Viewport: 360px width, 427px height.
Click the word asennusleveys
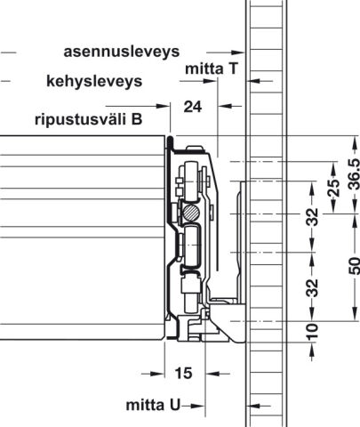click(122, 52)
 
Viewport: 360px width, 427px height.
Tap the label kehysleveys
click(94, 81)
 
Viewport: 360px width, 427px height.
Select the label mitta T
click(212, 68)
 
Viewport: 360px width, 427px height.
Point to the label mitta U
click(153, 405)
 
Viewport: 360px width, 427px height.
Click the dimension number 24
click(193, 107)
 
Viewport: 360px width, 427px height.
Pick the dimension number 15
click(184, 374)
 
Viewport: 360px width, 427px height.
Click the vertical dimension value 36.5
click(354, 174)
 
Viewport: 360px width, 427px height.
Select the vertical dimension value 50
click(354, 266)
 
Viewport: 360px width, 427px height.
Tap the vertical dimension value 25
click(334, 188)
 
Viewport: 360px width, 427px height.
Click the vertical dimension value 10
click(312, 332)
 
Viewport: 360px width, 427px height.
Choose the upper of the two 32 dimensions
click(312, 217)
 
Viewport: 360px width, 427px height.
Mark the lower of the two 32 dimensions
click(312, 288)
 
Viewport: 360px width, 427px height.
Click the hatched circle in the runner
click(191, 213)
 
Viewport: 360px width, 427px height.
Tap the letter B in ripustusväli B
click(137, 119)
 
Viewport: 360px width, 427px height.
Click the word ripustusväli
click(80, 120)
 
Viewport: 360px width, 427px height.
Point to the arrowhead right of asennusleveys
click(237, 52)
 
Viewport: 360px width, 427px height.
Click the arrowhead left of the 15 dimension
click(157, 374)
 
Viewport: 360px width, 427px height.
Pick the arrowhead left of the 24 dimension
click(163, 106)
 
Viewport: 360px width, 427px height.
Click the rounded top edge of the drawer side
click(170, 139)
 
